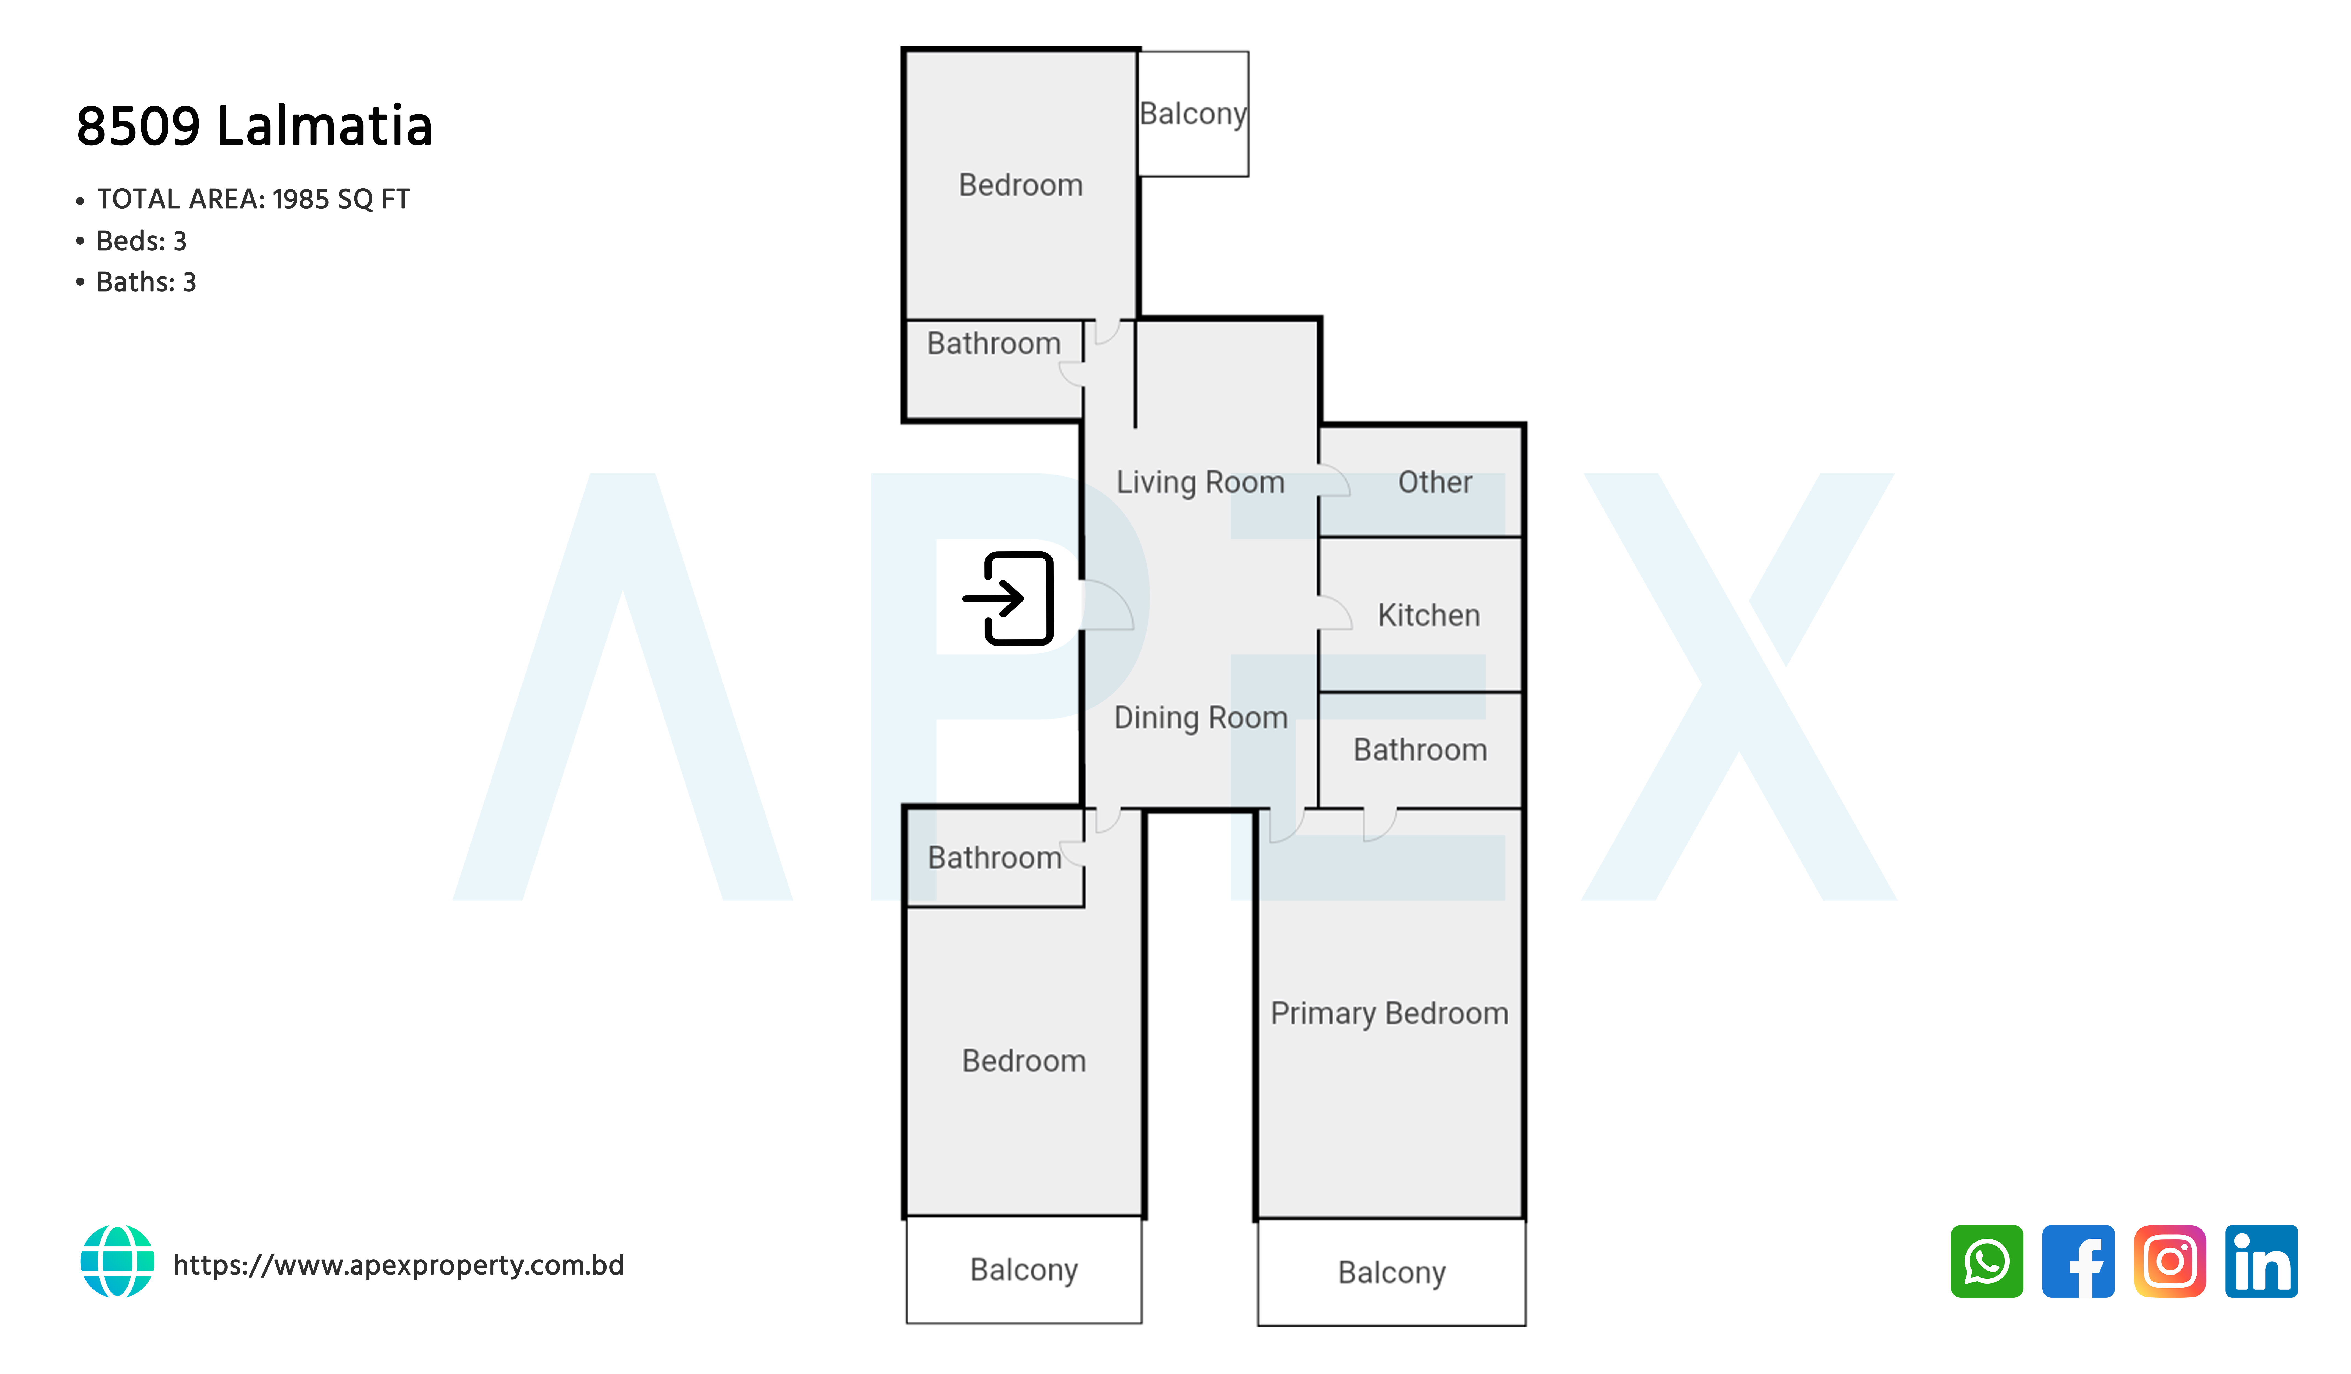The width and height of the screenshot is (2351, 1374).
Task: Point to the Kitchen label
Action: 1428,616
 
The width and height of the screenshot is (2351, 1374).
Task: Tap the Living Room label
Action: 1201,482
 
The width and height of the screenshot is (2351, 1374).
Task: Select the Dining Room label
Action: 1201,717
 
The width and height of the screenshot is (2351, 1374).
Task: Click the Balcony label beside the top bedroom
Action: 1193,114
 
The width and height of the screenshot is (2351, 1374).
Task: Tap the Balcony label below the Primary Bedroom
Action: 1392,1272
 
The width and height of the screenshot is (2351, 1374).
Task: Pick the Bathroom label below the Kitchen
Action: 1420,750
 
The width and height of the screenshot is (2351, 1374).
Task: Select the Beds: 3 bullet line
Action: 132,241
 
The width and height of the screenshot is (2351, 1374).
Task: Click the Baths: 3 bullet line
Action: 136,282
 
